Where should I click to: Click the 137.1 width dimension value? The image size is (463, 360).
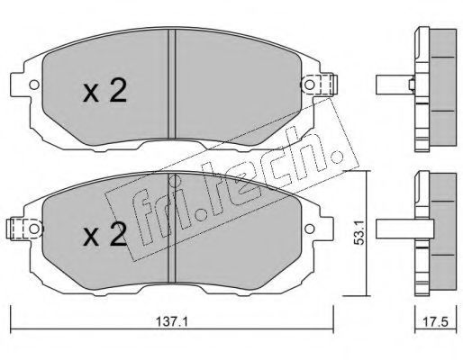coord(172,322)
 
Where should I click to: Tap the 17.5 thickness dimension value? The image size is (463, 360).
coord(435,322)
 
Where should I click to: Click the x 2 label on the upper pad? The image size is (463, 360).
coord(104,90)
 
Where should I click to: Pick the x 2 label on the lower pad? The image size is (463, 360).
coord(104,234)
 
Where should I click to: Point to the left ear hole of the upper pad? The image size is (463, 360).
coord(34,85)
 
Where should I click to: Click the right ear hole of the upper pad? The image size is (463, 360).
coord(309,85)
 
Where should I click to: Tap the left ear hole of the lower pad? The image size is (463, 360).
coord(34,229)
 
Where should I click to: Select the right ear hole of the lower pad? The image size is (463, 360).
coord(309,229)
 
